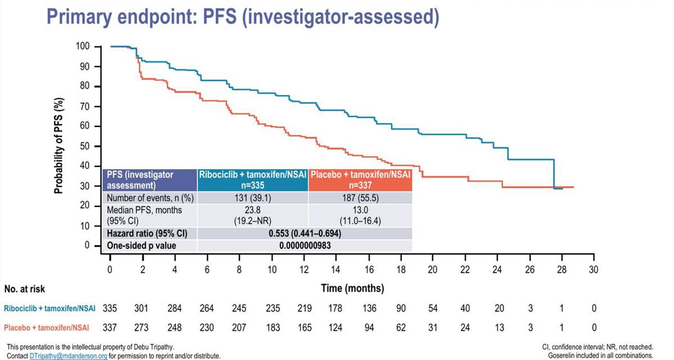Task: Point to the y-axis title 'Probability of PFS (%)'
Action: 58,145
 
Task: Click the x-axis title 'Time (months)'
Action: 352,289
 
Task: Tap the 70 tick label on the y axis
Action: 85,106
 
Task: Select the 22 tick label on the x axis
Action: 465,270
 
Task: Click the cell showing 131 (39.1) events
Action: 252,198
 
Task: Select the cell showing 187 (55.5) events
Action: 360,198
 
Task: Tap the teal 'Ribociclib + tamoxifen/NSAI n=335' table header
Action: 252,179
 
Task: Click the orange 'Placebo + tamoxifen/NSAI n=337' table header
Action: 360,179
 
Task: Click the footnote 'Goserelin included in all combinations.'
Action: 600,356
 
